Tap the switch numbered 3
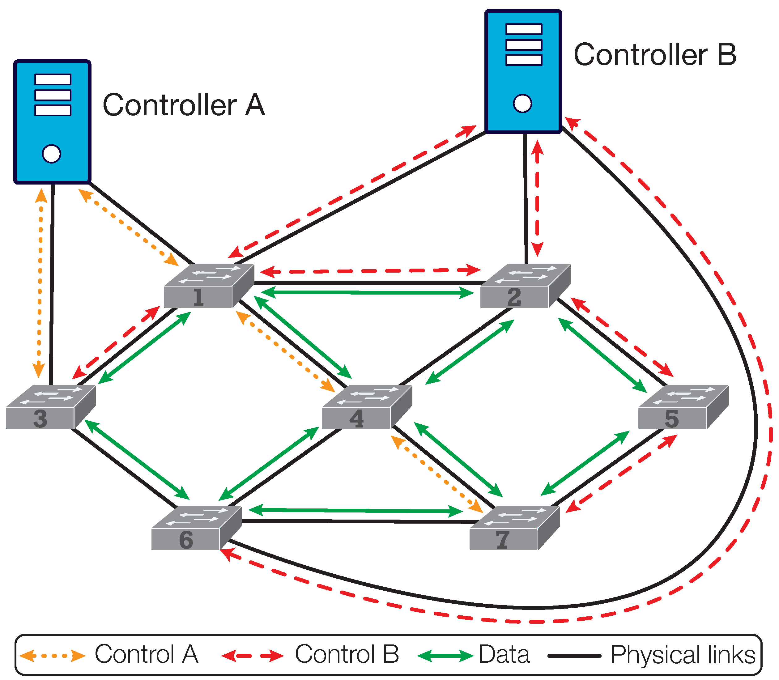(51, 407)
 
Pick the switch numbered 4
(367, 407)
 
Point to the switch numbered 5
(684, 407)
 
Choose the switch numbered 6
(197, 528)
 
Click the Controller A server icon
(52, 122)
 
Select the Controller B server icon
(523, 72)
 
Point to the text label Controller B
(655, 55)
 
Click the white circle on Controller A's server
(52, 154)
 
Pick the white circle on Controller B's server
(522, 104)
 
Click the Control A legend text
(147, 654)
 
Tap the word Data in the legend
(504, 654)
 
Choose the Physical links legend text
(683, 655)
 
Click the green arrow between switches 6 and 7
(355, 510)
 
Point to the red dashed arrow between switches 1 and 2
(371, 271)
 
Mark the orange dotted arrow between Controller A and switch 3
(40, 283)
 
